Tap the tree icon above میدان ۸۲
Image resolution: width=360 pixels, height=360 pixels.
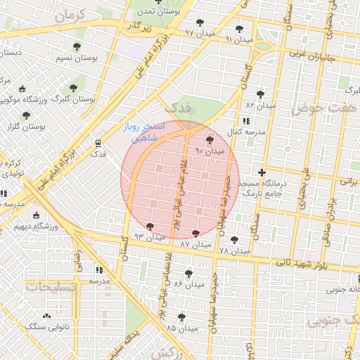[x=260, y=94]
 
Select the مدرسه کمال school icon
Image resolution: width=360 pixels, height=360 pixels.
[x=245, y=122]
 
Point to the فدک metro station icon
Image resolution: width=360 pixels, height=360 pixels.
[x=98, y=142]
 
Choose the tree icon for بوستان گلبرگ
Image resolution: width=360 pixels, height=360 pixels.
[x=72, y=88]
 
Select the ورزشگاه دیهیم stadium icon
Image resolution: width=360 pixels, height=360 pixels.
[x=36, y=216]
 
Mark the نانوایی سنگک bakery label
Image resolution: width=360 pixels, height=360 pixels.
[x=44, y=327]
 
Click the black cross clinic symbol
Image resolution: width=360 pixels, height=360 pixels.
[x=262, y=172]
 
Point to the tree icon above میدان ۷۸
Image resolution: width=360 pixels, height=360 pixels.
[x=234, y=239]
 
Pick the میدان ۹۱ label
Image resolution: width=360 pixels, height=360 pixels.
[x=239, y=39]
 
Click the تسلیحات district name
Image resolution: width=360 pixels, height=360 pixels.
[x=49, y=288]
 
